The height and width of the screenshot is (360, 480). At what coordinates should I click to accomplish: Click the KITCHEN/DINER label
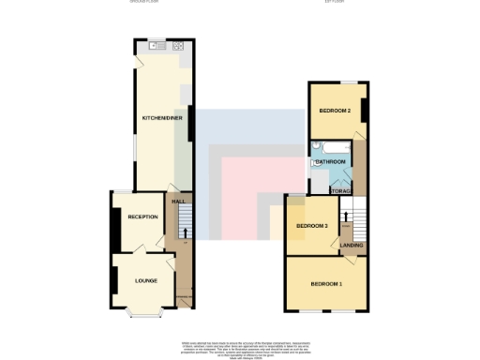click(161, 118)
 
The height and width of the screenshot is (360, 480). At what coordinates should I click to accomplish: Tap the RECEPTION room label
click(143, 217)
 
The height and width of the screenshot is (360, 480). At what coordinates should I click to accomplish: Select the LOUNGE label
click(144, 280)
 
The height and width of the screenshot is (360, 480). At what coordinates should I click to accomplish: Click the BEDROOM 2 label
click(335, 112)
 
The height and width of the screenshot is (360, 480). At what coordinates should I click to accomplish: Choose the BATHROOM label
click(330, 162)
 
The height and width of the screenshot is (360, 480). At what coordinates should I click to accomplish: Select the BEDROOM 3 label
click(312, 227)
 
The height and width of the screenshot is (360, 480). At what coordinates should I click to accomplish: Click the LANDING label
click(352, 246)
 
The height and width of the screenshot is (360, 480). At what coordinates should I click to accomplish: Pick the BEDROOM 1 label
click(326, 283)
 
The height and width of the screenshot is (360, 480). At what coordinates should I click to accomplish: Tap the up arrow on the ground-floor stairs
click(184, 231)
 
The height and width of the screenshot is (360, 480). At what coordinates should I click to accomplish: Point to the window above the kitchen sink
click(156, 38)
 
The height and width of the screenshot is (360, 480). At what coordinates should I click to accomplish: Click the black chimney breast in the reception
click(115, 226)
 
